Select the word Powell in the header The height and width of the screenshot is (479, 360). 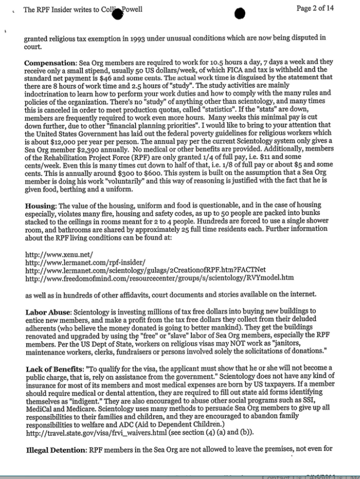133,10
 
